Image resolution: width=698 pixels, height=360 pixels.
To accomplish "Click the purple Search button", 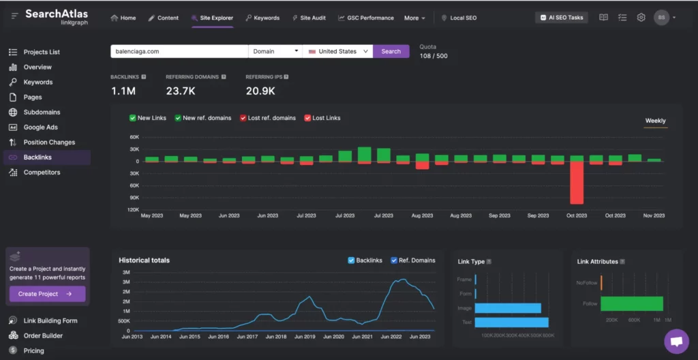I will click(391, 51).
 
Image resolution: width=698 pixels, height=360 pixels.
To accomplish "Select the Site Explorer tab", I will click(212, 18).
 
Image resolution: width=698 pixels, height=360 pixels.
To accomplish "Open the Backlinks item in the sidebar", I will click(37, 157).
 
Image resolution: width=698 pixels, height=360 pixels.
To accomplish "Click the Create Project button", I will click(47, 294).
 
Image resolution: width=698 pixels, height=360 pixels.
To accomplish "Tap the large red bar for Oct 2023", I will click(577, 182).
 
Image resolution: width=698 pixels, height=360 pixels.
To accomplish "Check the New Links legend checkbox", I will click(133, 118).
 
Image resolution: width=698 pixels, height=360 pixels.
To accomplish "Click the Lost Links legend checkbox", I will click(307, 118).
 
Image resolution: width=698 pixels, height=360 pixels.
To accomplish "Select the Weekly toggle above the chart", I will click(655, 121).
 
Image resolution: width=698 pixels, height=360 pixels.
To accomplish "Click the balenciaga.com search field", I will click(179, 51).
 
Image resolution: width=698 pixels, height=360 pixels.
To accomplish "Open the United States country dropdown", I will click(338, 51).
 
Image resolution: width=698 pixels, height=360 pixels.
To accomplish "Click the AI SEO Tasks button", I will click(561, 18).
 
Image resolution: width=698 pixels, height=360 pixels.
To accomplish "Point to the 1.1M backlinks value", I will click(123, 91).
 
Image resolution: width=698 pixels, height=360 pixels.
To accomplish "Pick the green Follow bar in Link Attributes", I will click(631, 303).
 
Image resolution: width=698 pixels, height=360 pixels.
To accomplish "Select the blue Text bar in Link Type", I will click(511, 322).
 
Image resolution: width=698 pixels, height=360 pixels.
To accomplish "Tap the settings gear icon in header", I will click(641, 18).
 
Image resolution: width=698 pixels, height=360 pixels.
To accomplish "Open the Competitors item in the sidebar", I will click(42, 172).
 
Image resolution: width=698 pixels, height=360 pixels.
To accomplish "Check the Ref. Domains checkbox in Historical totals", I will click(394, 260).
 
